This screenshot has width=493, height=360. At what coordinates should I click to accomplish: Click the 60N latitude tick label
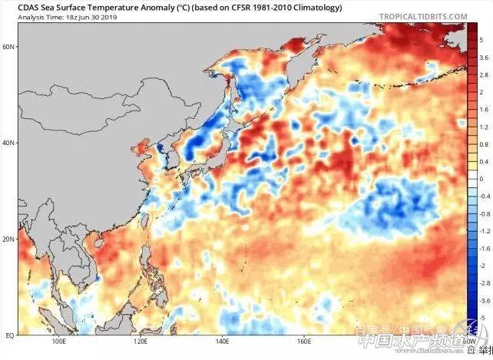pyautogui.click(x=9, y=47)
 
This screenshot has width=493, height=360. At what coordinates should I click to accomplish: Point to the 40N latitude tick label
pyautogui.click(x=9, y=143)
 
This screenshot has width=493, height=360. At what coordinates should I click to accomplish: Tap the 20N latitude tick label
pyautogui.click(x=9, y=239)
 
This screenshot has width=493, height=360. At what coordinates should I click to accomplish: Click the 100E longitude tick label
pyautogui.click(x=57, y=343)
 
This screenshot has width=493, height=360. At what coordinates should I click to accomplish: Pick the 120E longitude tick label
pyautogui.click(x=140, y=343)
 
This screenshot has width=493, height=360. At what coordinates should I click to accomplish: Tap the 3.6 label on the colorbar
pyautogui.click(x=481, y=57)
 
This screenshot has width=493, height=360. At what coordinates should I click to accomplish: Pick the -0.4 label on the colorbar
pyautogui.click(x=481, y=196)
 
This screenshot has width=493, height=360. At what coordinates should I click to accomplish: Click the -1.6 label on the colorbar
pyautogui.click(x=481, y=248)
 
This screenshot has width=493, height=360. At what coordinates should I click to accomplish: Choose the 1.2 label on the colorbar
pyautogui.click(x=481, y=126)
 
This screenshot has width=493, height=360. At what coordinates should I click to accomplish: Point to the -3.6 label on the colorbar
pyautogui.click(x=481, y=300)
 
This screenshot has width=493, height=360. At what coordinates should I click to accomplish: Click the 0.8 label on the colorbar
pyautogui.click(x=481, y=144)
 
